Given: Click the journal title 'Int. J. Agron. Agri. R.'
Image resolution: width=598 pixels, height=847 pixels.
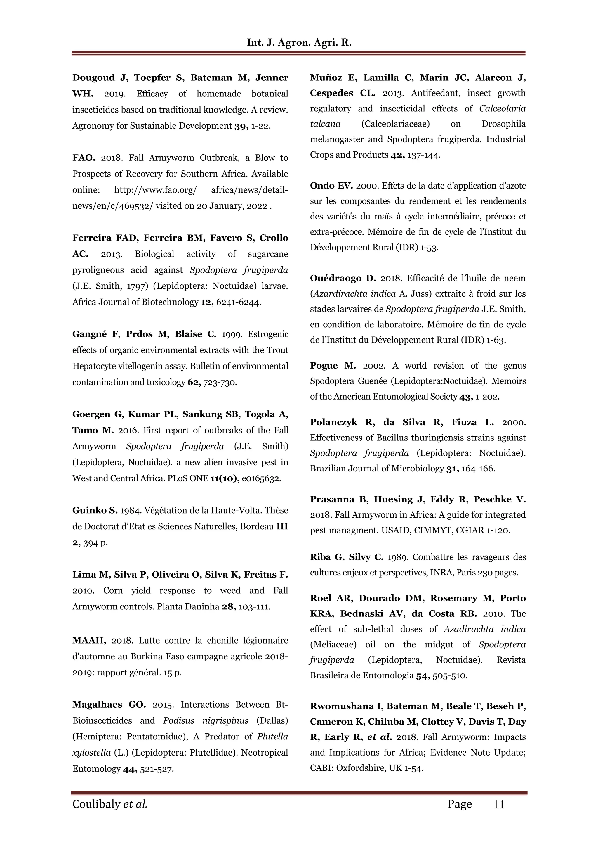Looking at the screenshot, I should (299, 42).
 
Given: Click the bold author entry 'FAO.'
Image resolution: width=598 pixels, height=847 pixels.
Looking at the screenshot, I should (84, 158).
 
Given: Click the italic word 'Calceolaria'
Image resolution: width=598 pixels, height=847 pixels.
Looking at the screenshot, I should (502, 108).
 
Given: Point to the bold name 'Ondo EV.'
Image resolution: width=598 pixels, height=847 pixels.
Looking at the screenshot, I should (331, 186).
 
